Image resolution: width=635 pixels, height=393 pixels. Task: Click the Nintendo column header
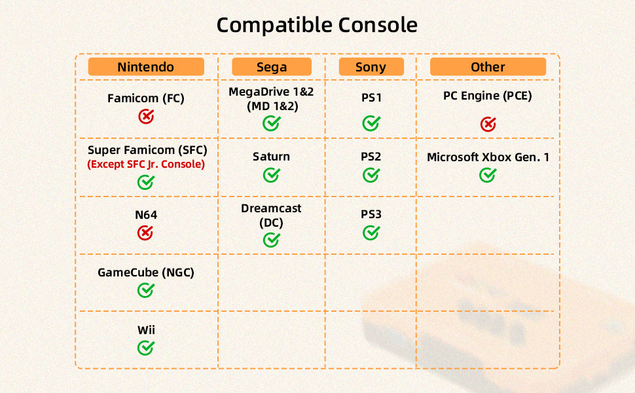[146, 66]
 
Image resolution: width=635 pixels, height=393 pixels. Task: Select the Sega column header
[271, 66]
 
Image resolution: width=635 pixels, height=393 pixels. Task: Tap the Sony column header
[371, 66]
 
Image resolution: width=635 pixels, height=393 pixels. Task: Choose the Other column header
[488, 66]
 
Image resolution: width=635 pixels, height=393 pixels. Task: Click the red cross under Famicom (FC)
[146, 117]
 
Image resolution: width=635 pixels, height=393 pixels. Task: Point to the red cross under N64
[145, 233]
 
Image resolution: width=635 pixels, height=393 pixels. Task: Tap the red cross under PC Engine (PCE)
[488, 124]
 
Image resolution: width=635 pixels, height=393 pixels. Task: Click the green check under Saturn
[271, 175]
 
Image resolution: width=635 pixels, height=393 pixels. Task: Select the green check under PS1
[371, 123]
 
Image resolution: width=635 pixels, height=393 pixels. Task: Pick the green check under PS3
[371, 233]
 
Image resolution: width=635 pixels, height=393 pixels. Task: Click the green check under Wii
[145, 348]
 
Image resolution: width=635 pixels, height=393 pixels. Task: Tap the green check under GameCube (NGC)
[145, 290]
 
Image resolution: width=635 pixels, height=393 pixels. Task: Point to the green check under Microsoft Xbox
[487, 175]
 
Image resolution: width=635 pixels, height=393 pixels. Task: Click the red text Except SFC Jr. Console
[146, 164]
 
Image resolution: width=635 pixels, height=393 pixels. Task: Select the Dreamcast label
[271, 208]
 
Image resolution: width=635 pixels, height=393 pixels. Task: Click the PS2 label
[371, 157]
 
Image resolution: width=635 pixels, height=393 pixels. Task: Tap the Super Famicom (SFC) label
[147, 150]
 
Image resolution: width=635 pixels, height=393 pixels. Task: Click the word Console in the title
[378, 25]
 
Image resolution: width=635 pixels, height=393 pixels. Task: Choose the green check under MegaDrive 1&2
[271, 123]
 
